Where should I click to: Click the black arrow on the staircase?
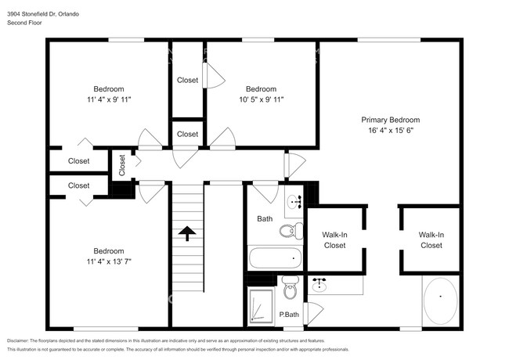point(187,233)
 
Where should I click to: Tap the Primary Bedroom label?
point(391,120)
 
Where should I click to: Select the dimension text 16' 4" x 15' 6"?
point(391,131)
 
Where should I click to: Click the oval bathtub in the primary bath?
point(441,301)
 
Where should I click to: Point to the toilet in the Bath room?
point(291,231)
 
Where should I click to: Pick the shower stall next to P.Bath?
point(262,307)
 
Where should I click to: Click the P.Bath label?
point(289,315)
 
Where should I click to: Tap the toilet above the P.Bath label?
point(290,287)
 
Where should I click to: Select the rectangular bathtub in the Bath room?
point(276,258)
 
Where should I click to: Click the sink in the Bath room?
point(294,202)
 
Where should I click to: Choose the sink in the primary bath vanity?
point(319,284)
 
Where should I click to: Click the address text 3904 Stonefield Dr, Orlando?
point(43,14)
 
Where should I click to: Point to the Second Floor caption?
point(24,23)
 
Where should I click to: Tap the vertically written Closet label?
point(122,165)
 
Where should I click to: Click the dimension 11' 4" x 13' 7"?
point(109,261)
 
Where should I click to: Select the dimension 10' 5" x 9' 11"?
point(262,99)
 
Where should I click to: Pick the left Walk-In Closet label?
point(334,240)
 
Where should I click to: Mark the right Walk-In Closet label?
point(431,240)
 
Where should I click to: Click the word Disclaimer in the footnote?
point(17,341)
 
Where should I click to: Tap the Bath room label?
point(265,219)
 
